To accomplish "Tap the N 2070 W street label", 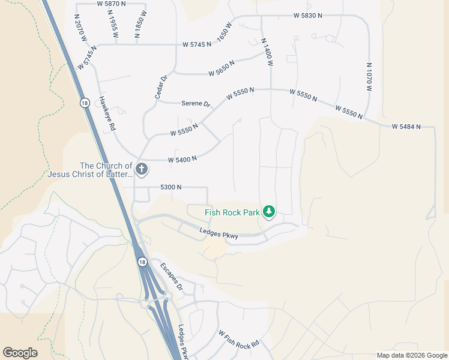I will (x=81, y=28).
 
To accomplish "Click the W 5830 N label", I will (x=309, y=16).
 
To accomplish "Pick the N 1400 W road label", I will (x=267, y=52).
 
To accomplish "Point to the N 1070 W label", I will (x=369, y=77).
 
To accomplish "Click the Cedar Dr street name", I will (x=160, y=86).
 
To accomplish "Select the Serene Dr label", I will (x=196, y=103).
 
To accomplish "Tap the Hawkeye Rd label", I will (x=107, y=112).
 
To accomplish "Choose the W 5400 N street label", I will (x=182, y=160).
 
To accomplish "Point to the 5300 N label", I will (x=171, y=187).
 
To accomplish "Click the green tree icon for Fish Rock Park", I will (x=270, y=212).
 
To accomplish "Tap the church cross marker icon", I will (x=141, y=169).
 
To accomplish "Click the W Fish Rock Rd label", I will (x=238, y=340).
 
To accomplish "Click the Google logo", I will (x=20, y=353).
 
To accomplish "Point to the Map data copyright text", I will (x=411, y=355).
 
